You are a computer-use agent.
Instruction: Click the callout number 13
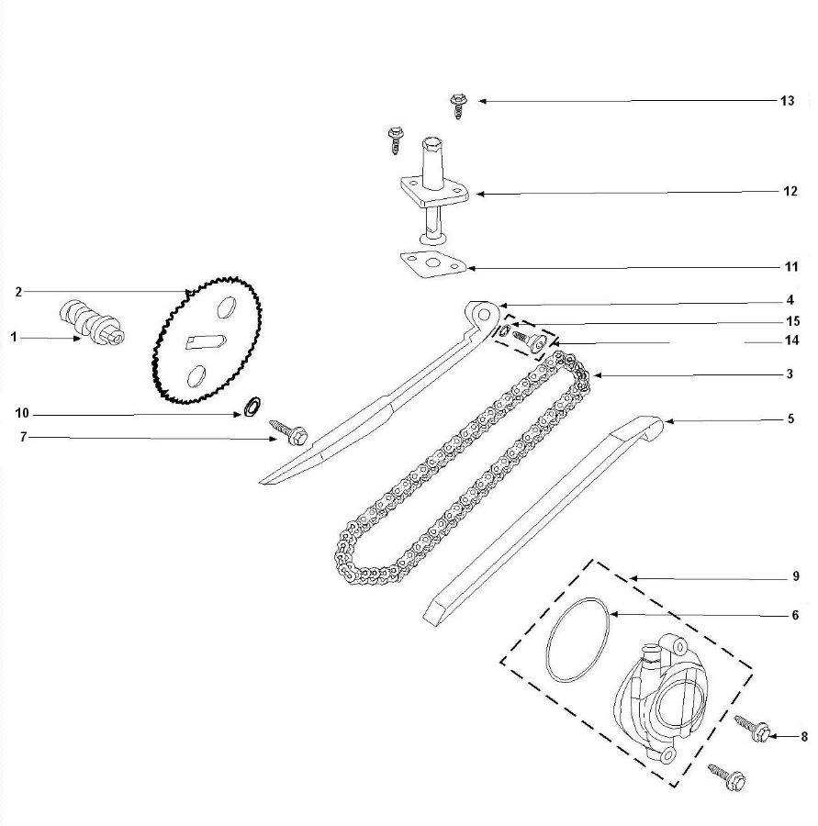pyautogui.click(x=787, y=101)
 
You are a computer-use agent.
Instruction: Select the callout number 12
pyautogui.click(x=790, y=193)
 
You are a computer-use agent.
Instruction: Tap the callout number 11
pyautogui.click(x=790, y=267)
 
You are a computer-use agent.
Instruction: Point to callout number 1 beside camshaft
pyautogui.click(x=14, y=338)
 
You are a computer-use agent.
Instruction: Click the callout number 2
pyautogui.click(x=17, y=292)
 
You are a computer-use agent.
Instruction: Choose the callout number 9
pyautogui.click(x=795, y=578)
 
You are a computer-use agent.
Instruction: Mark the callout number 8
pyautogui.click(x=804, y=736)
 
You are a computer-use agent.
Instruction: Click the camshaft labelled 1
pyautogui.click(x=92, y=323)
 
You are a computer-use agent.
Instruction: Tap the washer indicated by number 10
pyautogui.click(x=250, y=406)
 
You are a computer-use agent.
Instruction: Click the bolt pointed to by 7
pyautogui.click(x=290, y=431)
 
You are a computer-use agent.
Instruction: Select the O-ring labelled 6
pyautogui.click(x=577, y=641)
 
